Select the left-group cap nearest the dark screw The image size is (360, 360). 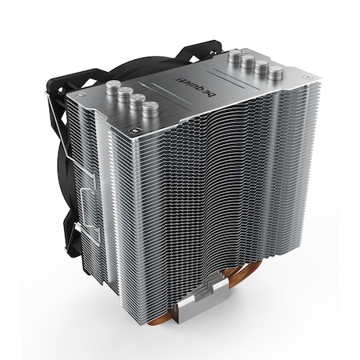(150, 109)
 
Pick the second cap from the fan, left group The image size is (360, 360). (125, 94)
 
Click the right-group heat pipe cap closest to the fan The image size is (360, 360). (234, 55)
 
